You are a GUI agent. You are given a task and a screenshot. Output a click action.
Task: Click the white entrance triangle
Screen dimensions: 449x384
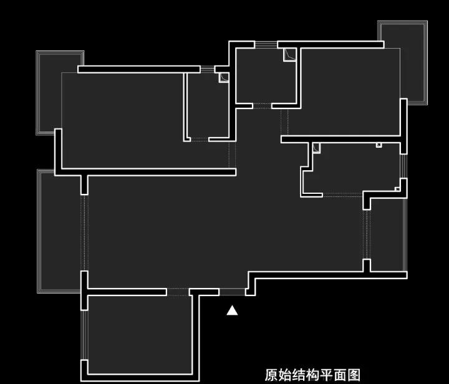(x=232, y=310)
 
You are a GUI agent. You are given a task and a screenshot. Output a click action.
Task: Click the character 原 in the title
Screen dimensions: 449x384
(x=271, y=375)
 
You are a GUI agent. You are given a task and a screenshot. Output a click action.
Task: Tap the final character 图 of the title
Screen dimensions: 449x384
(x=354, y=375)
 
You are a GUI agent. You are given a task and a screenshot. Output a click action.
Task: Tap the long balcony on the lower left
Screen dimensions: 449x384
(x=59, y=231)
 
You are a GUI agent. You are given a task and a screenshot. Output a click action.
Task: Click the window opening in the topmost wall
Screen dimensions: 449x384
(x=266, y=44)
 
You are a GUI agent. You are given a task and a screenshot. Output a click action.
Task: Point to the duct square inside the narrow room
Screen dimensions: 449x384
(x=223, y=77)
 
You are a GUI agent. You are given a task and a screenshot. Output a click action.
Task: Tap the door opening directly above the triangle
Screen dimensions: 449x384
(x=232, y=291)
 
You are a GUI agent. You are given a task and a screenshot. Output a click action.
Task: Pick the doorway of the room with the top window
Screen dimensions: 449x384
(x=262, y=107)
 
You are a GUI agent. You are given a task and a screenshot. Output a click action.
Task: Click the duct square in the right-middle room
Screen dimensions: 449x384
(x=317, y=148)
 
